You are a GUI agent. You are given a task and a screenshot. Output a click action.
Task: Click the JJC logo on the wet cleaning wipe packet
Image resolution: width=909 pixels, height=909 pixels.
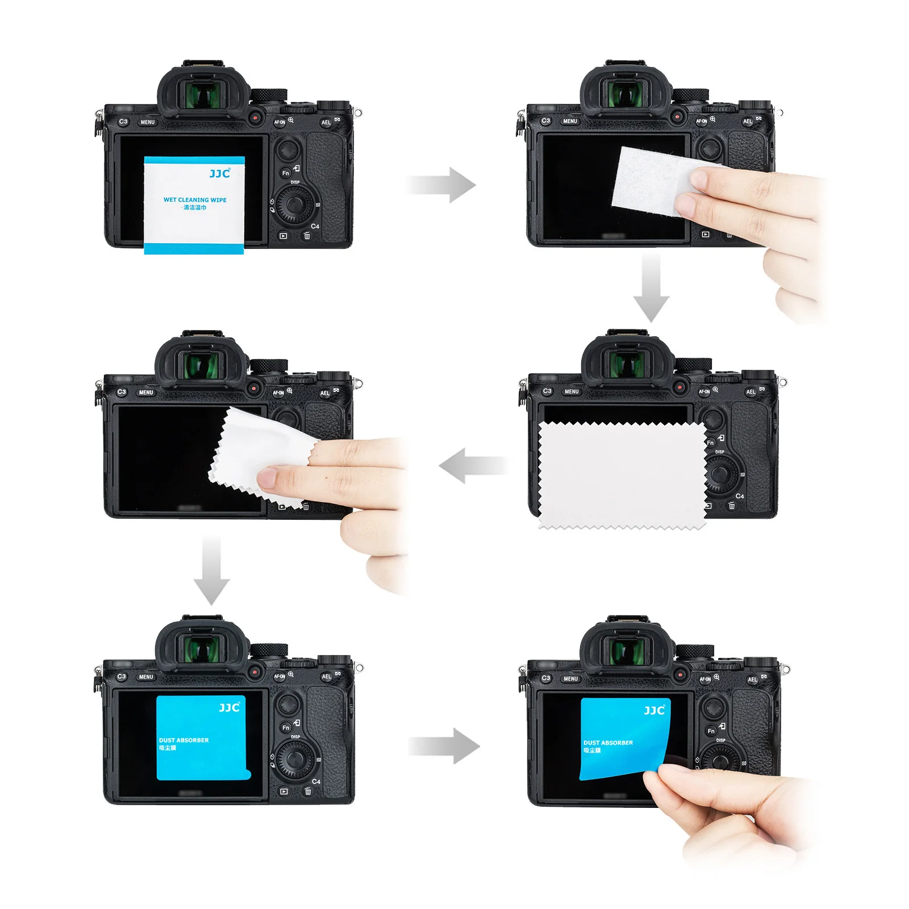pyautogui.click(x=219, y=173)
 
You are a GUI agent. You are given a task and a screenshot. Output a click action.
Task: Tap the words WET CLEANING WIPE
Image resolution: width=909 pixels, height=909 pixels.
pyautogui.click(x=195, y=200)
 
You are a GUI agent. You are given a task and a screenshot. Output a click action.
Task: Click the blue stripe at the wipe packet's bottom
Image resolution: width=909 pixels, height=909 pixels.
pyautogui.click(x=194, y=248)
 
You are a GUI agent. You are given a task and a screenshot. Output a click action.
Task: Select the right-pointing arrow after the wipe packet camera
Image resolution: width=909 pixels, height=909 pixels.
pyautogui.click(x=442, y=185)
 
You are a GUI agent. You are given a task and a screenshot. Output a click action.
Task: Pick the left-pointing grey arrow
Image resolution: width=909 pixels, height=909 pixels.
pyautogui.click(x=473, y=465)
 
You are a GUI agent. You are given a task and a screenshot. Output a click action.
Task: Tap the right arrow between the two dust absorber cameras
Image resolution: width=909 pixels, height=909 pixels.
pyautogui.click(x=445, y=746)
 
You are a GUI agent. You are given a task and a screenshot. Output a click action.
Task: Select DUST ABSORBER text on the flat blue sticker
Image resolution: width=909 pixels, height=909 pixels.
pyautogui.click(x=184, y=740)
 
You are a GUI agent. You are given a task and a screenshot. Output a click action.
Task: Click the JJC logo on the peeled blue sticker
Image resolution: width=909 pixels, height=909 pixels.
pyautogui.click(x=654, y=710)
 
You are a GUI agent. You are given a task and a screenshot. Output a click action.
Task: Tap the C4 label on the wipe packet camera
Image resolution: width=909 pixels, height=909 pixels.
pyautogui.click(x=315, y=226)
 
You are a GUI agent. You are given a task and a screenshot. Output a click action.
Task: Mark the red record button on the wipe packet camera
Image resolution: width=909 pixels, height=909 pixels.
pyautogui.click(x=256, y=118)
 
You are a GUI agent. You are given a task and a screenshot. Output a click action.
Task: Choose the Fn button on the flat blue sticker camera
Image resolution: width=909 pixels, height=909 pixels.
pyautogui.click(x=286, y=727)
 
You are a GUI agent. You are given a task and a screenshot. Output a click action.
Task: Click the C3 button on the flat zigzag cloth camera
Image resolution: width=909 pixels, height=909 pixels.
pyautogui.click(x=547, y=391)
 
